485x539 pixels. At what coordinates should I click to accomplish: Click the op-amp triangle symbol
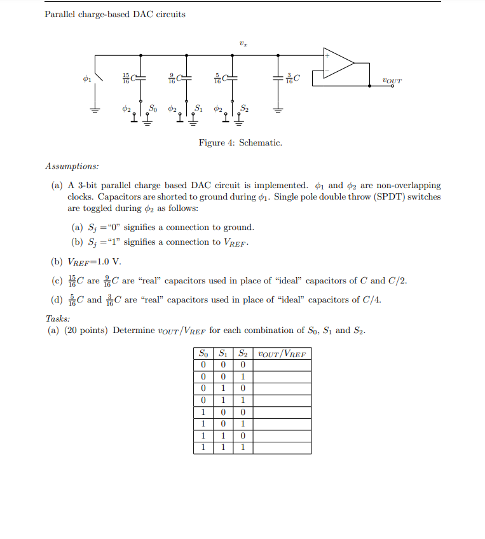[337, 63]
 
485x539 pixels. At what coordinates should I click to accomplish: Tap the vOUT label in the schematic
[392, 81]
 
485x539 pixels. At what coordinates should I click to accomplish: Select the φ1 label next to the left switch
[88, 79]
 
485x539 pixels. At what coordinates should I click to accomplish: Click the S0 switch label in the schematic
[153, 107]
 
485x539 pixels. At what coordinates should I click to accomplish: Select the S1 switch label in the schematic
[198, 107]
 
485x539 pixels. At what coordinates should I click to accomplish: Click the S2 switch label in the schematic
[244, 107]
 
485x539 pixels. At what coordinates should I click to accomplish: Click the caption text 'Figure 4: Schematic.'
[240, 143]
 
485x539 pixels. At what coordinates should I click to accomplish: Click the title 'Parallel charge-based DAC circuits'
[115, 14]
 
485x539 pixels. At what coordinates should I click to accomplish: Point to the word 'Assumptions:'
[72, 167]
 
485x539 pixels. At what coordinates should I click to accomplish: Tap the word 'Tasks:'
[58, 318]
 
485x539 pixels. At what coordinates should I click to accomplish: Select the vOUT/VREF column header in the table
[282, 353]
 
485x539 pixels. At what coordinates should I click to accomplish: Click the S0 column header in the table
[203, 353]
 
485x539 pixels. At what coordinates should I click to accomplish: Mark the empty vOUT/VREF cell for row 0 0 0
[282, 365]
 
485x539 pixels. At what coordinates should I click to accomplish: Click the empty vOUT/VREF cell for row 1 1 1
[282, 447]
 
